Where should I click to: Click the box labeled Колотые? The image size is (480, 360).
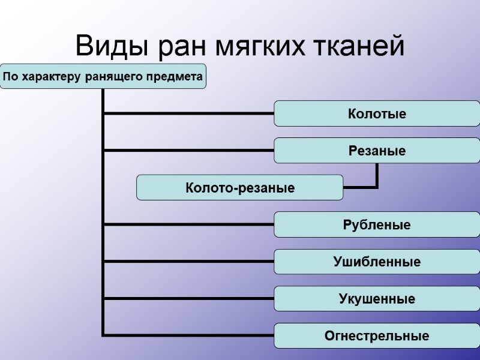pyautogui.click(x=377, y=114)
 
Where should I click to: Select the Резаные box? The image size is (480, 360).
pyautogui.click(x=377, y=151)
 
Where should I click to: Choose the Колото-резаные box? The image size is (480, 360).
pyautogui.click(x=239, y=188)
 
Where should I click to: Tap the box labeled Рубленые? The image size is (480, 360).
pyautogui.click(x=377, y=225)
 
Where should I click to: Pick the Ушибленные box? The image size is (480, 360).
pyautogui.click(x=377, y=262)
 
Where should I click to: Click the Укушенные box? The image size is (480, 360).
pyautogui.click(x=377, y=299)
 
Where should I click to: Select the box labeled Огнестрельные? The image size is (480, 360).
pyautogui.click(x=377, y=336)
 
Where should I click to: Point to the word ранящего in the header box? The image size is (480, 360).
pyautogui.click(x=111, y=77)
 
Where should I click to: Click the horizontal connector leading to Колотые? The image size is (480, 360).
pyautogui.click(x=188, y=113)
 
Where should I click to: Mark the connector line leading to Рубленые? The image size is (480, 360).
pyautogui.click(x=188, y=224)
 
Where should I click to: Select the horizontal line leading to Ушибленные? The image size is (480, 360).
pyautogui.click(x=188, y=262)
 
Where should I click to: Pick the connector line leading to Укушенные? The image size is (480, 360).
pyautogui.click(x=188, y=298)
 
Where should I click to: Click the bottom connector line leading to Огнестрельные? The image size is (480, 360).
pyautogui.click(x=188, y=334)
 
